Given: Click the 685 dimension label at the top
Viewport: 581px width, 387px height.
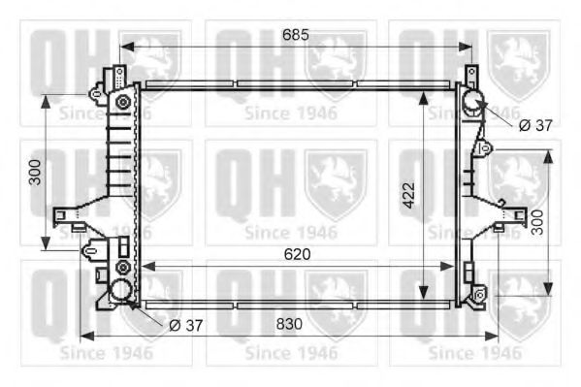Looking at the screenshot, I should (x=295, y=35).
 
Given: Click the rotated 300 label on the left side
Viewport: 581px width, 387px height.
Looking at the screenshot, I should (x=36, y=172).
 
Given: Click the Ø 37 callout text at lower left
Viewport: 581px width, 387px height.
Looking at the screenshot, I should (x=185, y=325).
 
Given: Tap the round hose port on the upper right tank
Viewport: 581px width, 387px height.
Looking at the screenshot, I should (x=470, y=100).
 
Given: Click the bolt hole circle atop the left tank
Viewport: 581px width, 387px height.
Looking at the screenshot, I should (x=122, y=101).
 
